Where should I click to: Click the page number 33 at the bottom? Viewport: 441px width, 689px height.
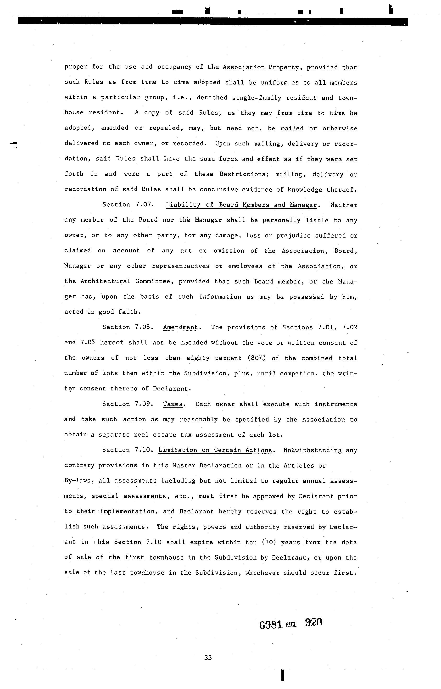pyautogui.click(x=208, y=657)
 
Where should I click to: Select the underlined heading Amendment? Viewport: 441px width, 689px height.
pyautogui.click(x=180, y=327)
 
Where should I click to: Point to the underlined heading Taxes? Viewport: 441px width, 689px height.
pyautogui.click(x=173, y=404)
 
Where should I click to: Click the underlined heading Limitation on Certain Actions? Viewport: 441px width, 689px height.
pyautogui.click(x=215, y=450)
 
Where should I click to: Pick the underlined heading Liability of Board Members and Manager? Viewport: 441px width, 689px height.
pyautogui.click(x=241, y=205)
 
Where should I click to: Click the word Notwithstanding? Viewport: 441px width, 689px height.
pyautogui.click(x=313, y=450)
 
